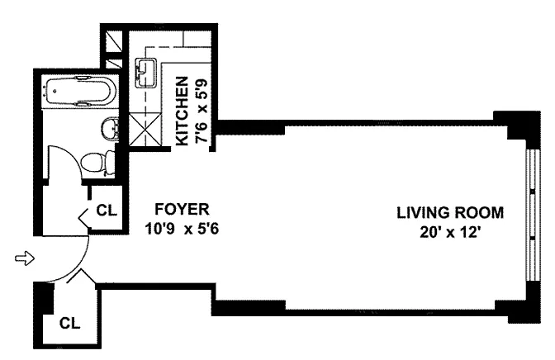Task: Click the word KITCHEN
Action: [x=182, y=111]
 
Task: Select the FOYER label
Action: [x=182, y=209]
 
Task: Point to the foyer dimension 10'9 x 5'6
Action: [x=182, y=229]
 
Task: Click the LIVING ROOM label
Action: [x=450, y=213]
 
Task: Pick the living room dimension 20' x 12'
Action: [x=450, y=233]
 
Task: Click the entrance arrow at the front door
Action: [x=25, y=258]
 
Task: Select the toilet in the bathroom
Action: [x=97, y=163]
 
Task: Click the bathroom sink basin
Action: [x=110, y=129]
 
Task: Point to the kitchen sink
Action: [x=145, y=73]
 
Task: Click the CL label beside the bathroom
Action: [x=107, y=211]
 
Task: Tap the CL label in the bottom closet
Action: [x=69, y=323]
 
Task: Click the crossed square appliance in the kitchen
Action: [x=145, y=129]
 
